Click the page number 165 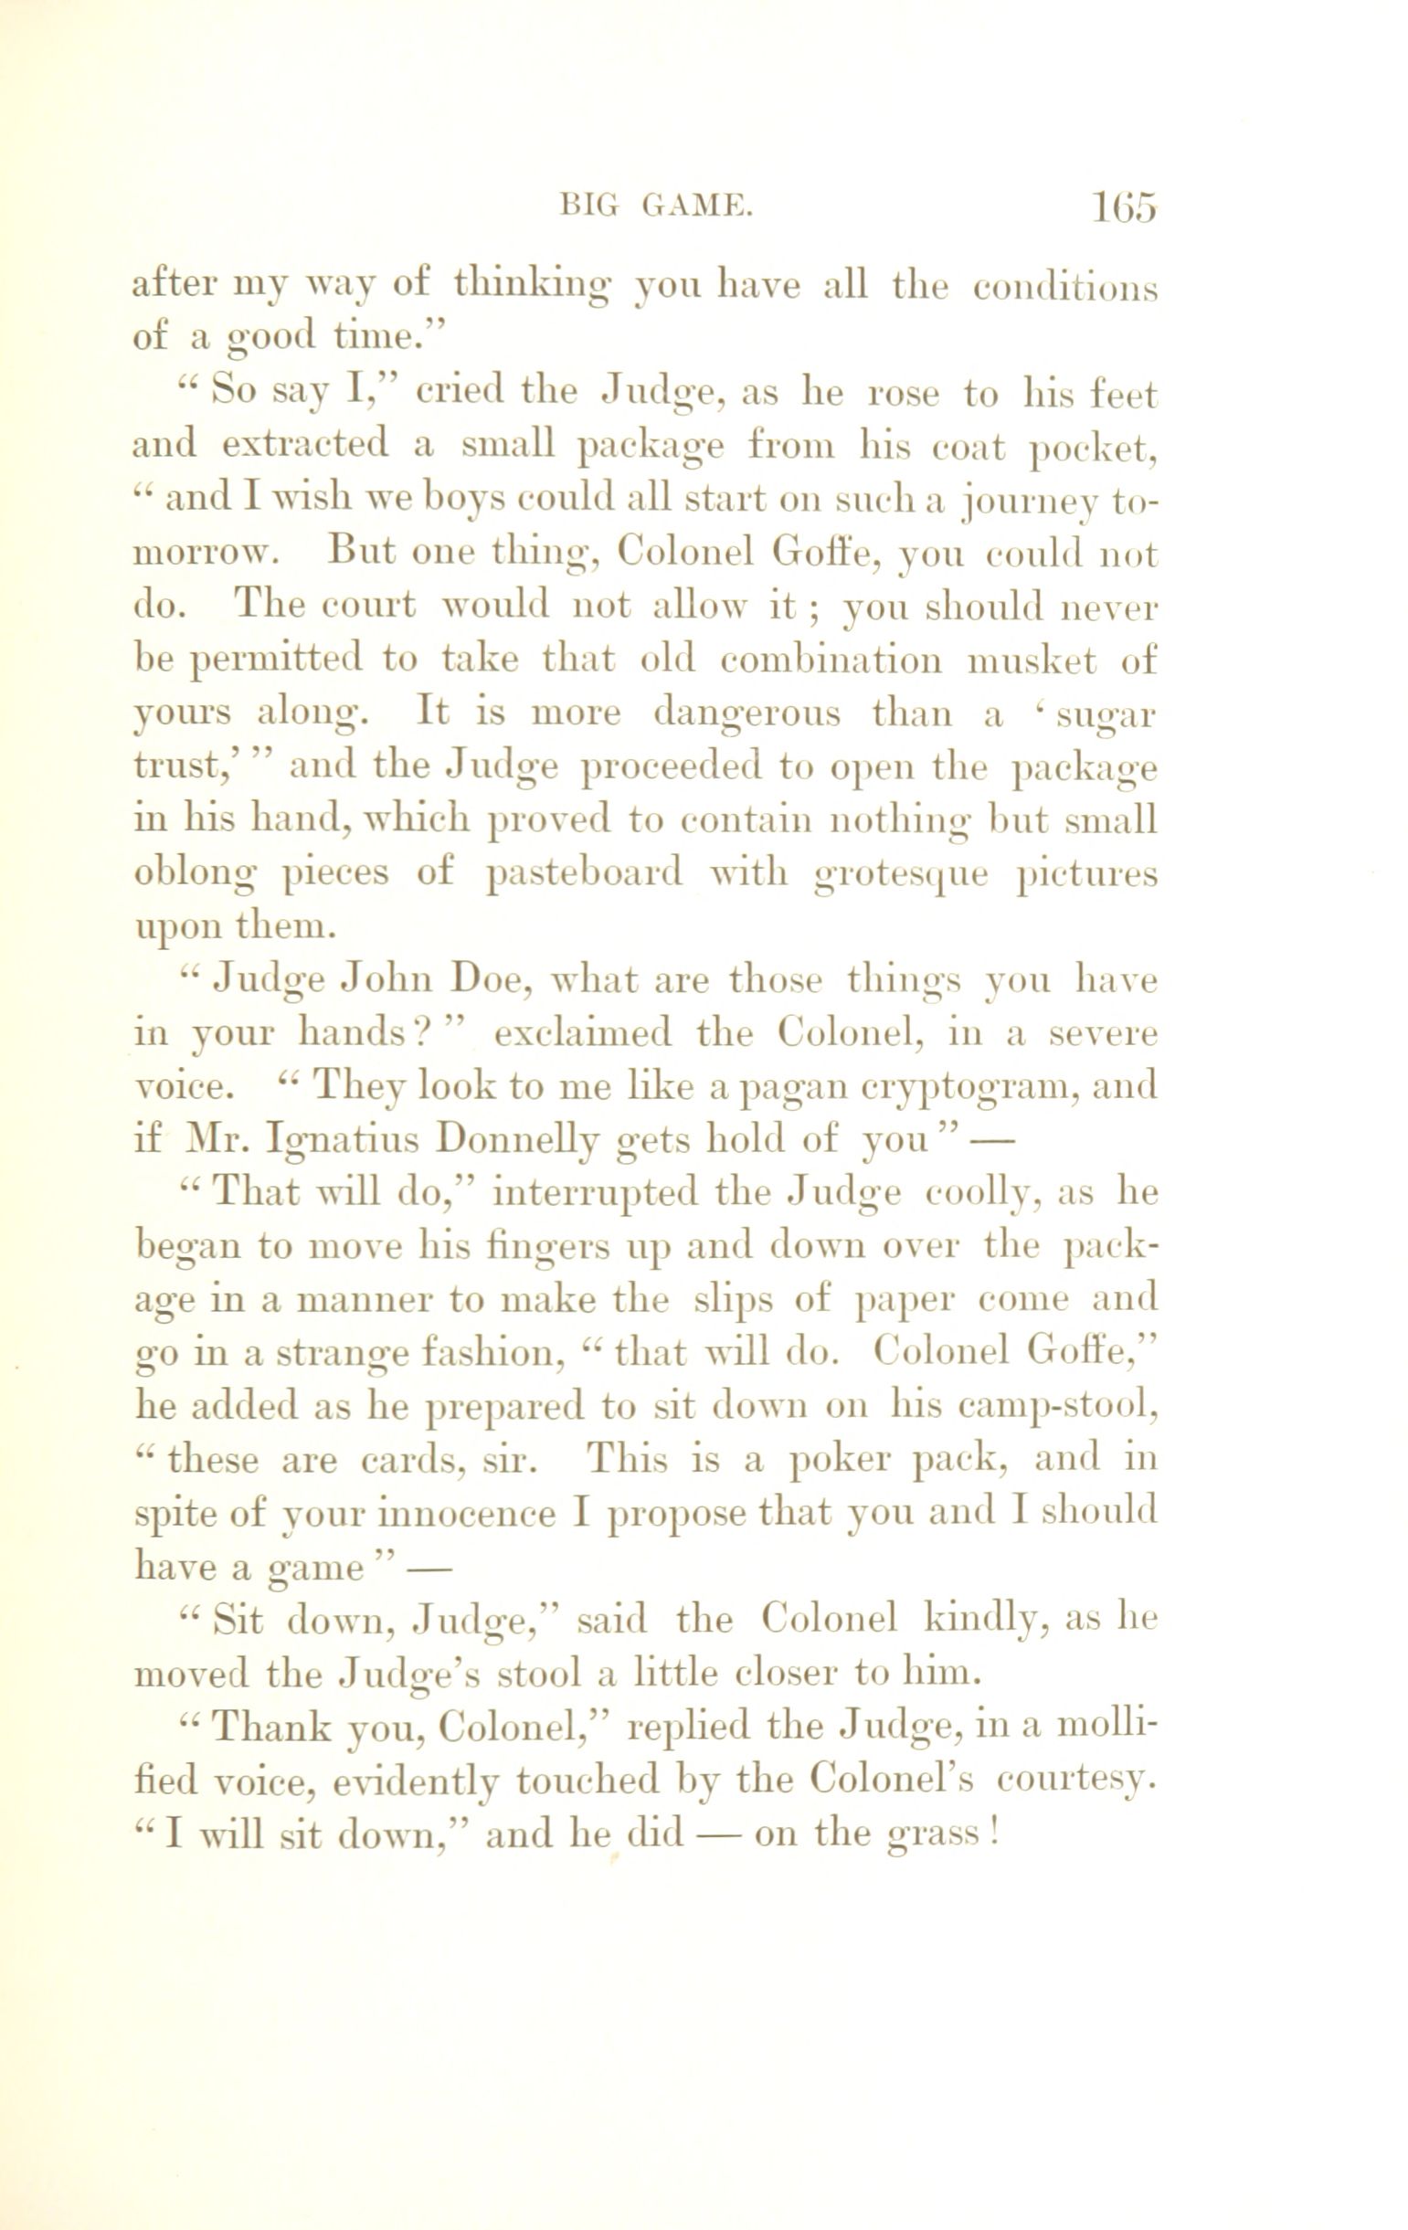(1123, 207)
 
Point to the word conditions (1065, 287)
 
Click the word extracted (305, 446)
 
